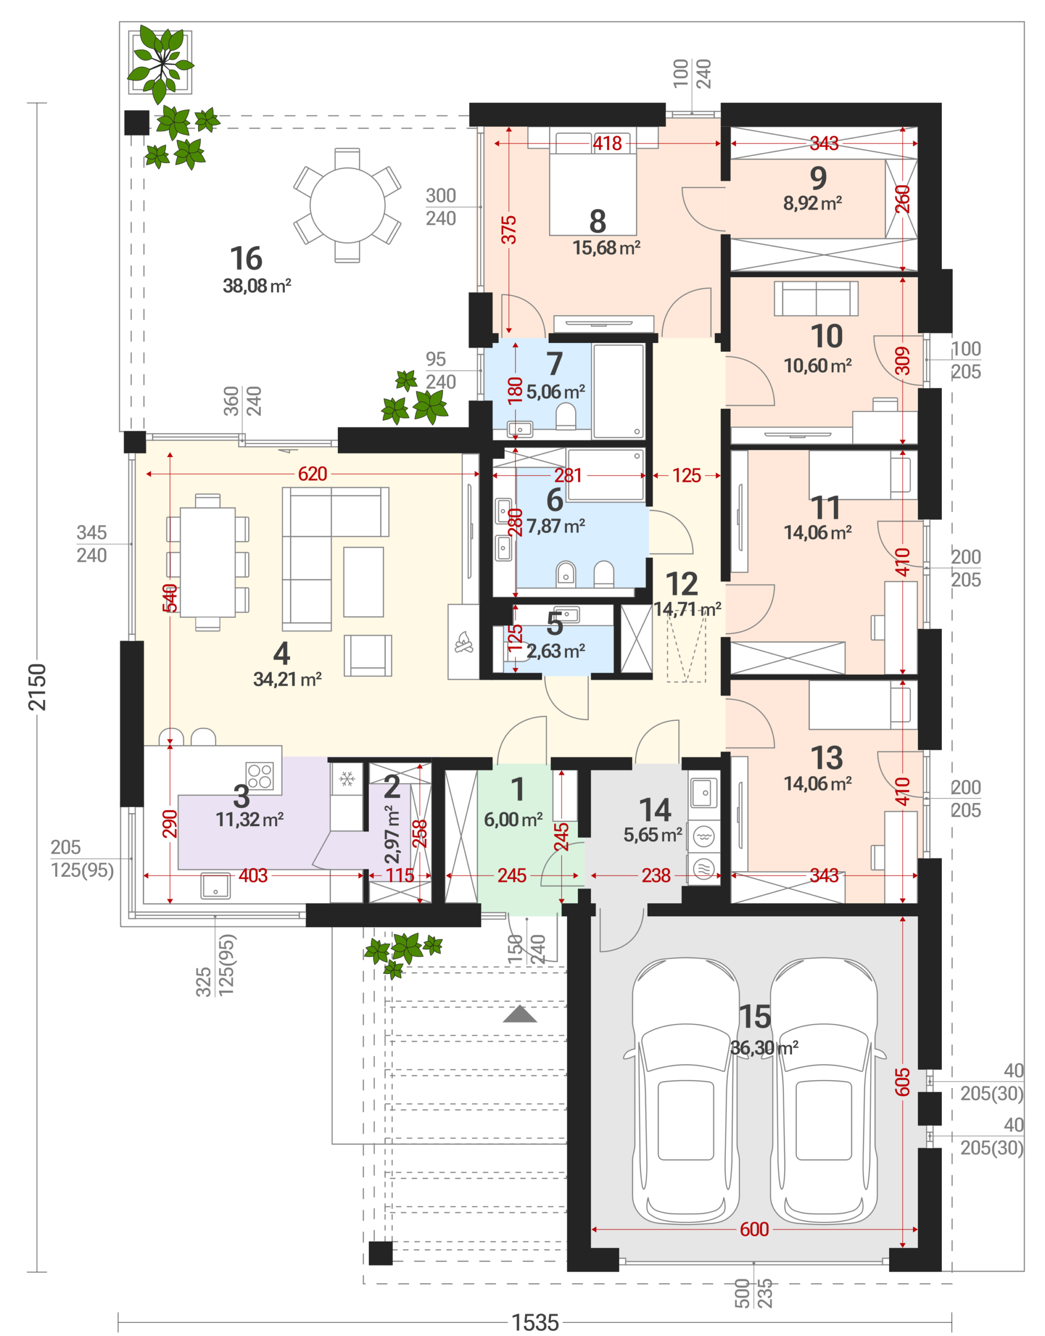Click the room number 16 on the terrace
click(x=246, y=258)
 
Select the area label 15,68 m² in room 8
click(x=606, y=248)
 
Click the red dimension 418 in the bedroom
click(x=607, y=144)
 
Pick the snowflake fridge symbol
click(x=347, y=779)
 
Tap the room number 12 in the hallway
click(x=682, y=584)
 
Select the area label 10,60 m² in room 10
click(x=818, y=366)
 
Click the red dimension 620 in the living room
click(x=313, y=474)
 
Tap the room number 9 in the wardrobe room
click(x=818, y=178)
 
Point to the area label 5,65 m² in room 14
click(x=653, y=835)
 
